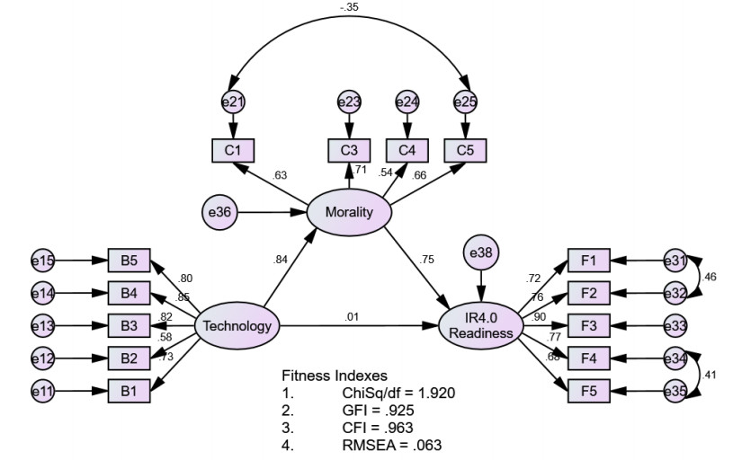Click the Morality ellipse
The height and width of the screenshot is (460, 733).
pos(350,213)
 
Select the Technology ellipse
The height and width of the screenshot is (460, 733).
pos(237,326)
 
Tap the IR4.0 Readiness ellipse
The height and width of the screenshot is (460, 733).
pos(481,325)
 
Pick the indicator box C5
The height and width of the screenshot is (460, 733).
pos(465,150)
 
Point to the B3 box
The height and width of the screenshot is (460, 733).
pos(129,324)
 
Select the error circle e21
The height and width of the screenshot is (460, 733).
pos(234,102)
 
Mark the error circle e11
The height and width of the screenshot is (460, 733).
pos(42,391)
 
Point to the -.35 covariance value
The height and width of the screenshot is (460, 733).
pos(350,7)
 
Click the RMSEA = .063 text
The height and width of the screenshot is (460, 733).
pos(392,444)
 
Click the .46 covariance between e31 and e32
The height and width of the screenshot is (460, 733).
pos(711,277)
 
